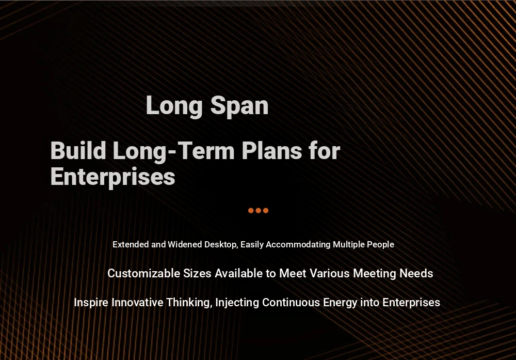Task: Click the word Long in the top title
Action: coord(174,106)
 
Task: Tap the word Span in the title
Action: coord(239,106)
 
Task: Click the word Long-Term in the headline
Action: coord(173,151)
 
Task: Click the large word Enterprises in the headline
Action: coord(112,177)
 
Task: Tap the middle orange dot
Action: coord(259,210)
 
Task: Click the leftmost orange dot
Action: coord(251,210)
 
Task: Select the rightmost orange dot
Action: coord(266,210)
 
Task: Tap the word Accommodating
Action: coord(298,245)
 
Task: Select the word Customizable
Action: coord(144,273)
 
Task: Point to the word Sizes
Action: coord(197,273)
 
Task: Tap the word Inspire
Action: coord(91,302)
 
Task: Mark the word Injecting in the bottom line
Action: coord(237,303)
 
